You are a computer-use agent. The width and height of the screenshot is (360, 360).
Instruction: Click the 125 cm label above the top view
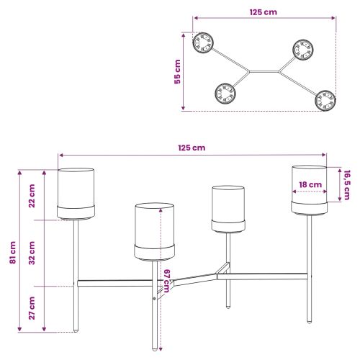(264, 12)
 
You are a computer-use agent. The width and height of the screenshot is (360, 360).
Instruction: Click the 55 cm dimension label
(177, 71)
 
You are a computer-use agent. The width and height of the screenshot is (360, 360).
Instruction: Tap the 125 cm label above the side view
(192, 148)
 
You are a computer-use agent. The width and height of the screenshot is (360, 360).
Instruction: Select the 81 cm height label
(13, 253)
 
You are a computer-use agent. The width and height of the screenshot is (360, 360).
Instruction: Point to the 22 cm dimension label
(32, 196)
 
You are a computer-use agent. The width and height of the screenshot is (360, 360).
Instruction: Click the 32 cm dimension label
(32, 253)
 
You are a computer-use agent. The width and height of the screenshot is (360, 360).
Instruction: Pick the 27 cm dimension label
(32, 308)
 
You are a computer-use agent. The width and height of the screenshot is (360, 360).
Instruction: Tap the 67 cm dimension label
(167, 281)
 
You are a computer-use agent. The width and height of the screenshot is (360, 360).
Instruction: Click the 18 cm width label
(310, 185)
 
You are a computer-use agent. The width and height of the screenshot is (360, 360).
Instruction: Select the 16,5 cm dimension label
(347, 185)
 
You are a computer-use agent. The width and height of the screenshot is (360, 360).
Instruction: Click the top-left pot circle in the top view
(203, 43)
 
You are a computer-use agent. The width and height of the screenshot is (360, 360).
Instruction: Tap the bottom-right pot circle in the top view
(325, 101)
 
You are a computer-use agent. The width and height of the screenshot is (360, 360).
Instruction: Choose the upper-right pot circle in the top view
(303, 50)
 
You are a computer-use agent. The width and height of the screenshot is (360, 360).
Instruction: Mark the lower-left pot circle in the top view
(225, 94)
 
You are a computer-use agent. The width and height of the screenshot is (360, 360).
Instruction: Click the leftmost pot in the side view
(76, 194)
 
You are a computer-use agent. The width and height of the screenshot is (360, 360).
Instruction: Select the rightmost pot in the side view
(310, 190)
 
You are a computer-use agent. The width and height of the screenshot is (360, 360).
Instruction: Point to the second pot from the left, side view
(154, 232)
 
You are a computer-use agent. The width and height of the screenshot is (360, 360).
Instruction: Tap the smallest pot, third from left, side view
(228, 209)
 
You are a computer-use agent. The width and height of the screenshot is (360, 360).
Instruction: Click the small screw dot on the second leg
(154, 299)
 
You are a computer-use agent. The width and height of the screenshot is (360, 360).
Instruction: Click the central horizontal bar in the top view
(264, 71)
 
